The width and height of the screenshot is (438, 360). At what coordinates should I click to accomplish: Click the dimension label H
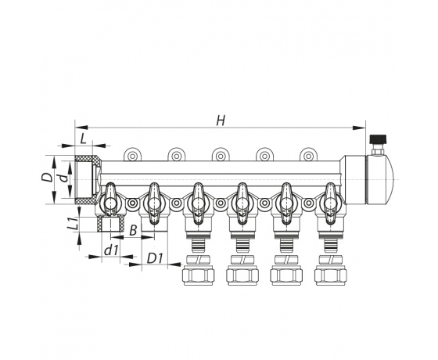(221, 121)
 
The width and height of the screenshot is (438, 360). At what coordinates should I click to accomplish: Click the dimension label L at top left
(84, 139)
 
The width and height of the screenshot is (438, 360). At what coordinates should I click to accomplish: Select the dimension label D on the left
(47, 177)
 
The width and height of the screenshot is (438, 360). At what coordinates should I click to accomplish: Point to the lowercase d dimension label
(64, 177)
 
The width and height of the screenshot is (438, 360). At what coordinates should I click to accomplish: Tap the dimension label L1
(74, 223)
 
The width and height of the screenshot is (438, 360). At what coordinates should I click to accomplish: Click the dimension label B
(133, 231)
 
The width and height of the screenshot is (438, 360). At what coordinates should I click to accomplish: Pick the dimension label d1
(111, 250)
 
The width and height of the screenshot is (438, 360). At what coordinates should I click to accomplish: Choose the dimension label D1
(155, 258)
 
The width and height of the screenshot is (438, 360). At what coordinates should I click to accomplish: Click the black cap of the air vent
(379, 139)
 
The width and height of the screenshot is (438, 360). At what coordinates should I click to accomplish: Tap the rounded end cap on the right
(379, 179)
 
